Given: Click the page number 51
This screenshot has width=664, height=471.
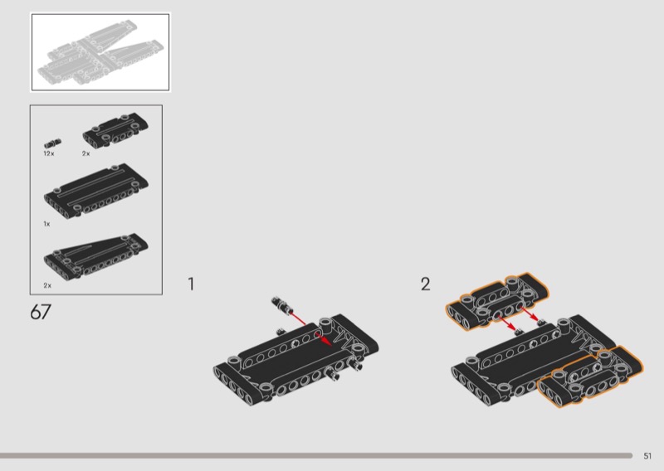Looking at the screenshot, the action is tap(647, 456).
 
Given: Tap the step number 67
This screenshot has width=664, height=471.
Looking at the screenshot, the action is tap(41, 313).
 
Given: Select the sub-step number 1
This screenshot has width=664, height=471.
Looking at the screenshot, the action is tap(191, 284).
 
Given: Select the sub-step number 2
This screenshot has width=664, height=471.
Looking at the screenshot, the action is tap(425, 284).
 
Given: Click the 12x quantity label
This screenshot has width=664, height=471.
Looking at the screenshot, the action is tap(49, 153).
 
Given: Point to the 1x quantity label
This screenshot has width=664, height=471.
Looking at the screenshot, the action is tap(46, 224).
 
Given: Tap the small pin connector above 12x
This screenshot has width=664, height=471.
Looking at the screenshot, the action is tap(52, 143).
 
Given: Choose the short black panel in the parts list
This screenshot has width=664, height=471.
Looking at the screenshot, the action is tap(115, 130).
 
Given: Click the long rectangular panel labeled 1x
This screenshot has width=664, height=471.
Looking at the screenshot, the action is tap(96, 191).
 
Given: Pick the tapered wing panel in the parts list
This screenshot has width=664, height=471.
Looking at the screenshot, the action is tap(96, 255).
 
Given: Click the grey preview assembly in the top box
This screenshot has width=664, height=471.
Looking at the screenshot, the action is tap(100, 51).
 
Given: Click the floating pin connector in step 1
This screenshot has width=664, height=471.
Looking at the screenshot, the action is tap(281, 305).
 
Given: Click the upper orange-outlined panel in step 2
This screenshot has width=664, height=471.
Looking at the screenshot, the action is tap(496, 300).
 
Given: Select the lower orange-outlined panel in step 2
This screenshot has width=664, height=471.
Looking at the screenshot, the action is tap(590, 376).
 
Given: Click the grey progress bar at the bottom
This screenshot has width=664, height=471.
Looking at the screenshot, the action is tap(316, 456).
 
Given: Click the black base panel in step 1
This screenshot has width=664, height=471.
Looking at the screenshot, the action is tap(296, 360).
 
